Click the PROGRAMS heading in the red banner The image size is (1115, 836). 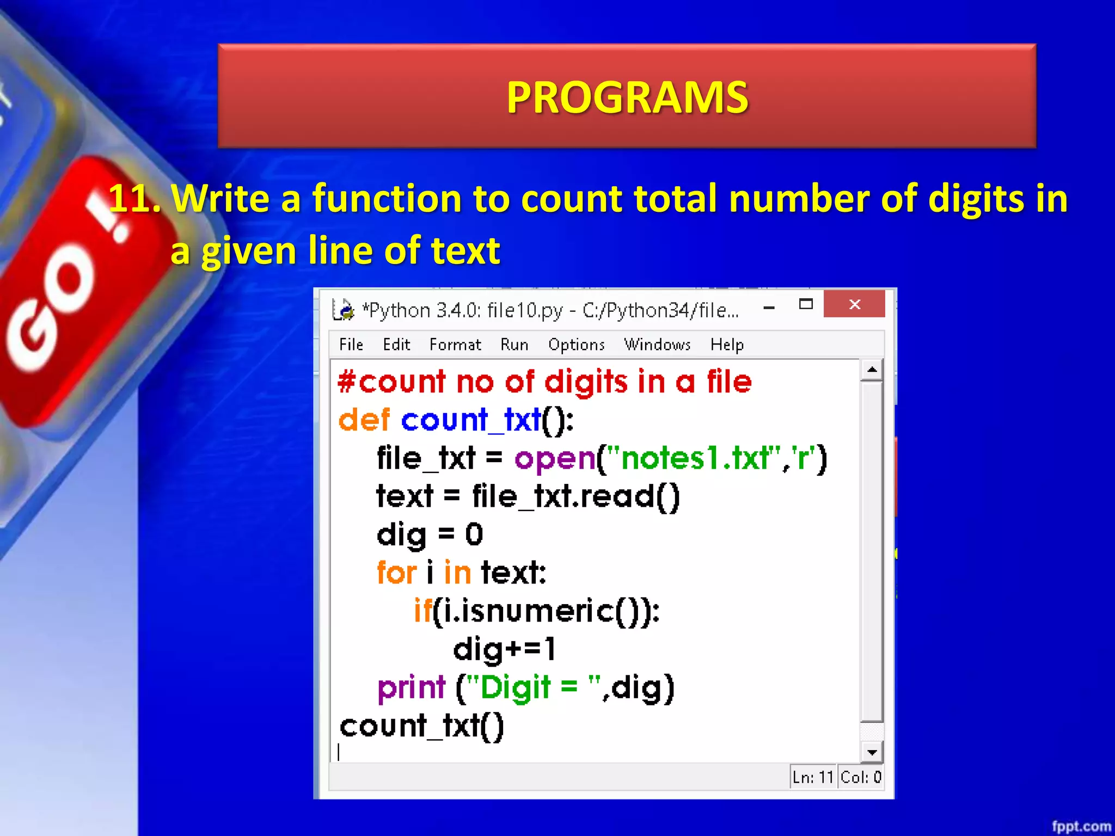point(627,97)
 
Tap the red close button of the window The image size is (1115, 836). point(854,304)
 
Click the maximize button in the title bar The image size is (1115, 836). point(806,304)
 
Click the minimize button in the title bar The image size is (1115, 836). point(769,308)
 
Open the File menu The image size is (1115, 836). point(351,345)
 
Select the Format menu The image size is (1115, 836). point(455,345)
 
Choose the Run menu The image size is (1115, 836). point(514,345)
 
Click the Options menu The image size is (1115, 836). point(576,345)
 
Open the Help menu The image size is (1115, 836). point(727,345)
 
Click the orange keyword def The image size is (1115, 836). point(364,420)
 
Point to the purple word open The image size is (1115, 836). point(555,458)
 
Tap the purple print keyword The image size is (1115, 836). point(412,687)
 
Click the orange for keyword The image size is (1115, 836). point(396,573)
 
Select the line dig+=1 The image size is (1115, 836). point(504,649)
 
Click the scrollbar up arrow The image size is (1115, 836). point(872,370)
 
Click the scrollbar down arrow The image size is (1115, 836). point(872,752)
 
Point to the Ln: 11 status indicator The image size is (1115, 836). point(813,777)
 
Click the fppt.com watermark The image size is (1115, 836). point(1081,826)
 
